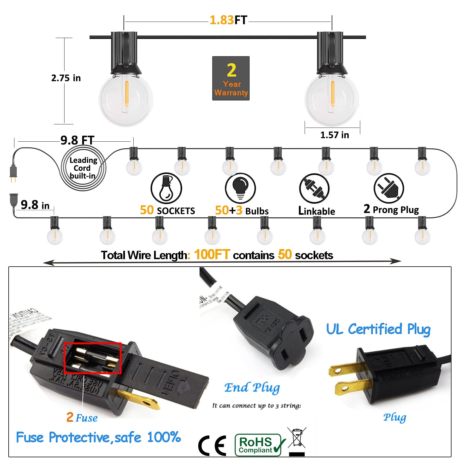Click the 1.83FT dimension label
[228, 20]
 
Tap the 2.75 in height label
[66, 78]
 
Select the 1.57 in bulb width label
[334, 135]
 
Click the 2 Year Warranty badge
[231, 78]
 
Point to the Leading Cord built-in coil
[84, 168]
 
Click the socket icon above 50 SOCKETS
[166, 188]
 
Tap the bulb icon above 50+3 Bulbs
[240, 188]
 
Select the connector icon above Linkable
[314, 189]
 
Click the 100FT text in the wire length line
[212, 255]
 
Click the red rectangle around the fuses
[92, 358]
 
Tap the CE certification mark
[212, 445]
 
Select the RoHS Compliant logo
[259, 445]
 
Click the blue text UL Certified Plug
[378, 329]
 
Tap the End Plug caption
[252, 388]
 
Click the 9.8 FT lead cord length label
[77, 141]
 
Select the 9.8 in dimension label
[35, 205]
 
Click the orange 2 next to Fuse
[70, 417]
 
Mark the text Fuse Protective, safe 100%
[98, 437]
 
